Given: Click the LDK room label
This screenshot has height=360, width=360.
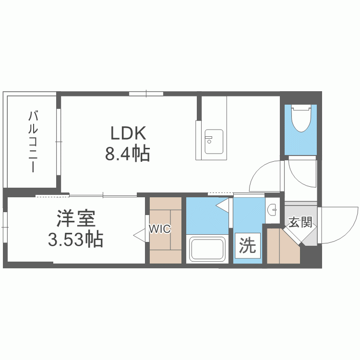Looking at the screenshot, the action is (x=128, y=133).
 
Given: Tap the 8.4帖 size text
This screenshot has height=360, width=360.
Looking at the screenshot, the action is (x=127, y=153).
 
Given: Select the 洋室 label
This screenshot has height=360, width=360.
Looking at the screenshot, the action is (x=76, y=218).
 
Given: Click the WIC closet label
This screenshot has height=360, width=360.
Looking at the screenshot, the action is (x=160, y=228).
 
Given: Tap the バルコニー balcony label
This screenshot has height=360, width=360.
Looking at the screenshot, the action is (x=33, y=142).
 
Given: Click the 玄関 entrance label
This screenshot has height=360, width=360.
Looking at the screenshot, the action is (x=300, y=222).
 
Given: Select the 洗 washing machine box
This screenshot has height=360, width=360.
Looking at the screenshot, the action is (x=247, y=245).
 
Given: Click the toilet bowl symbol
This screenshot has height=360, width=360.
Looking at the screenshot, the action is (x=301, y=118).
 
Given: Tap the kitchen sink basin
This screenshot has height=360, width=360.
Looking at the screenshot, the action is (x=214, y=142).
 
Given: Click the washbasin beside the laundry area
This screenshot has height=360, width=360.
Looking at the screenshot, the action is (x=273, y=210).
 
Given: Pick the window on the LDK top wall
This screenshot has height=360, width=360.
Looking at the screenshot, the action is (x=146, y=94).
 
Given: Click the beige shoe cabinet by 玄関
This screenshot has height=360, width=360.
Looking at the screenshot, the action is (x=284, y=246).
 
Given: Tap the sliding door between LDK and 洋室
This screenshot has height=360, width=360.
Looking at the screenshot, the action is (x=103, y=196).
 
